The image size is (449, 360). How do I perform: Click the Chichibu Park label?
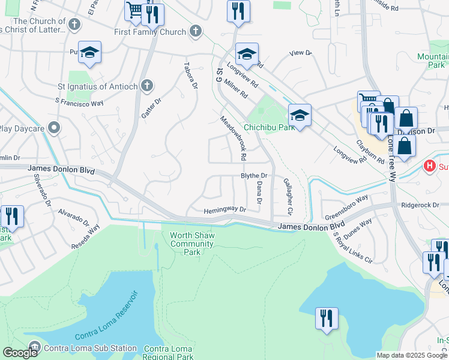[x=269, y=127]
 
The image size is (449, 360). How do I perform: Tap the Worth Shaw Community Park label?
[x=192, y=244]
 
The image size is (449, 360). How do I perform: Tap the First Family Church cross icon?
[x=195, y=31]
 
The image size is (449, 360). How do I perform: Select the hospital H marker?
[x=429, y=165]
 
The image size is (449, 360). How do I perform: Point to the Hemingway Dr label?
[x=225, y=210]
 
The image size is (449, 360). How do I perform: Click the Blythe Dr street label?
[x=253, y=175]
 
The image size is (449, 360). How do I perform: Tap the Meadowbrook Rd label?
[x=234, y=138]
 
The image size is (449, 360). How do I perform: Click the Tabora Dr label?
[x=191, y=76]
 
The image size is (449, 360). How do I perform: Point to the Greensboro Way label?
[x=346, y=207]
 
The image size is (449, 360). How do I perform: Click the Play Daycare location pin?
[x=55, y=128]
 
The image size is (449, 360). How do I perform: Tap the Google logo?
[x=20, y=353]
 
